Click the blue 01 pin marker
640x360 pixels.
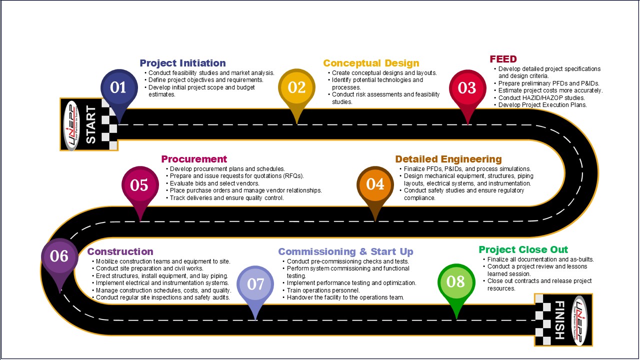pos(119,88)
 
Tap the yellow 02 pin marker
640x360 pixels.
pos(296,88)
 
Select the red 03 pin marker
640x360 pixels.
pos(467,89)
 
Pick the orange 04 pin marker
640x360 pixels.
pos(375,185)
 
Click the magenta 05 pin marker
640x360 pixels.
pos(140,185)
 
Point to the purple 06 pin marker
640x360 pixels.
pos(59,257)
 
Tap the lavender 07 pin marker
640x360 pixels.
pos(255,285)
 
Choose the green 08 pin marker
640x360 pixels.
pos(456,283)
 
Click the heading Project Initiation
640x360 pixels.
pos(182,63)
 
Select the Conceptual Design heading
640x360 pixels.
pos(371,63)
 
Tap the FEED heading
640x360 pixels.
pos(503,59)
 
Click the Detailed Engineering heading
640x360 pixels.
pos(448,159)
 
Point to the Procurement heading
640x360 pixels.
pos(194,159)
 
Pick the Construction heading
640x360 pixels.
pos(120,251)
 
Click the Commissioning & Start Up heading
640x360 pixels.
pos(345,251)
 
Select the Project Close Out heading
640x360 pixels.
pos(523,249)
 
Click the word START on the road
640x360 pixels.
pos(91,124)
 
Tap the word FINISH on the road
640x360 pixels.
pos(559,320)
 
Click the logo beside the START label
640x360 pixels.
pos(71,125)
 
